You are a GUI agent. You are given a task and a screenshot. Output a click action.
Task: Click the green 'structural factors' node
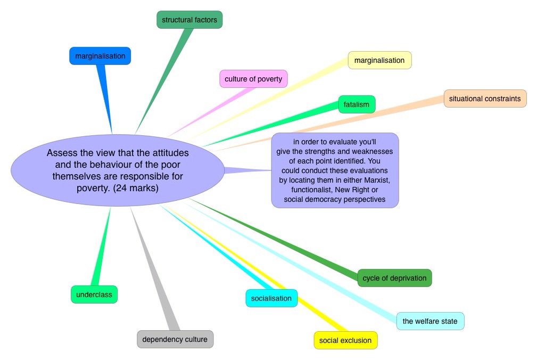click(x=189, y=20)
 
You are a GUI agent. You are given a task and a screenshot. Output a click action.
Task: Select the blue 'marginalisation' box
click(x=100, y=56)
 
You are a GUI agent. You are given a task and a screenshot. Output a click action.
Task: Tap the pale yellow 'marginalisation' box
click(x=379, y=60)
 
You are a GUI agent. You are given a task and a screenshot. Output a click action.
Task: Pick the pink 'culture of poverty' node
click(x=253, y=79)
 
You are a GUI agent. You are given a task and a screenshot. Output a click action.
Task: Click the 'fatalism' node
click(x=357, y=104)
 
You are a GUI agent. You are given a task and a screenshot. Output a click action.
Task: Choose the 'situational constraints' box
click(x=485, y=99)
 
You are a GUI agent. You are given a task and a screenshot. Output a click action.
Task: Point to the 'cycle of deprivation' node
click(x=394, y=278)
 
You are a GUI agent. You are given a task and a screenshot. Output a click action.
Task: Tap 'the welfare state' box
click(x=430, y=321)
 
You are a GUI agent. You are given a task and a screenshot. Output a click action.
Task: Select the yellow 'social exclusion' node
click(x=345, y=340)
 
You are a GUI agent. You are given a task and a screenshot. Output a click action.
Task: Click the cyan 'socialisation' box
click(x=271, y=298)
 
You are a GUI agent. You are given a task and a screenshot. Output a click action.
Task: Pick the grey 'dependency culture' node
click(x=175, y=339)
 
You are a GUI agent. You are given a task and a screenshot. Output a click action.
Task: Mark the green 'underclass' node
click(x=94, y=294)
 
